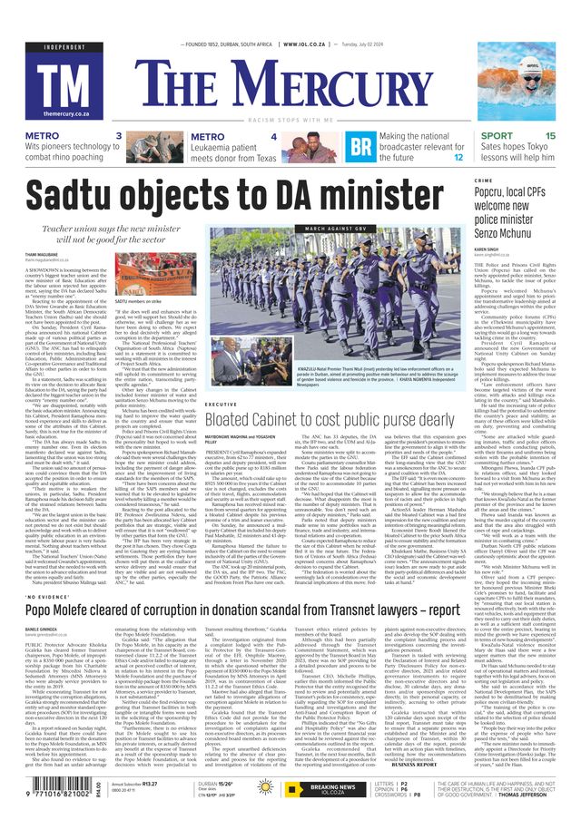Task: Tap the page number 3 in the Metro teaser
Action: (x=119, y=137)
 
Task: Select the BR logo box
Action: (x=361, y=147)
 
